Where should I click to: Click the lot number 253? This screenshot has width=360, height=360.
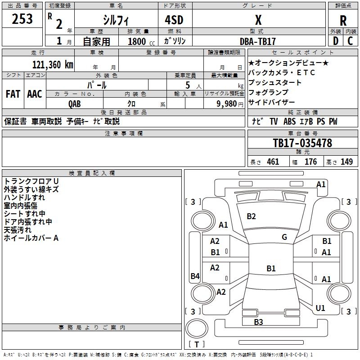coord(22,19)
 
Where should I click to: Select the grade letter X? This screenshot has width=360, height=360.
coord(258,20)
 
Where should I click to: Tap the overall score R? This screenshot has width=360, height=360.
coord(343,20)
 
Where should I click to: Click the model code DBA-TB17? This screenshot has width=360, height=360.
coord(258,41)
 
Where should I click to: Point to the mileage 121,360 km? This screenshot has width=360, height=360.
coord(53,64)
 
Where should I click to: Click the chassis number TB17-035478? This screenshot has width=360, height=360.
coord(302,143)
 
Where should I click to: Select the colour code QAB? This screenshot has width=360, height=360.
coord(75,103)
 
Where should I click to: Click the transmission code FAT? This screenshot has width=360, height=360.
coord(13,94)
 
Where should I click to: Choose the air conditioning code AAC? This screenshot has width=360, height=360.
coord(34,94)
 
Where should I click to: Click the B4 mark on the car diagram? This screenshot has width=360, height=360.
coord(195,276)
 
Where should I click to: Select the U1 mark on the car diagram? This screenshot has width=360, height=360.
coord(320,308)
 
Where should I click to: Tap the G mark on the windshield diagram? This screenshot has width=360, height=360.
coord(284,237)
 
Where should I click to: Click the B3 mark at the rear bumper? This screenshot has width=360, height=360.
coord(258,322)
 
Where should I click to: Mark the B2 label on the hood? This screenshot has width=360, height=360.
coord(251,216)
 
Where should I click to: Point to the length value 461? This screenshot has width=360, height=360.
coord(273,162)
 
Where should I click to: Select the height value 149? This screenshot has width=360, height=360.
coord(346,162)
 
